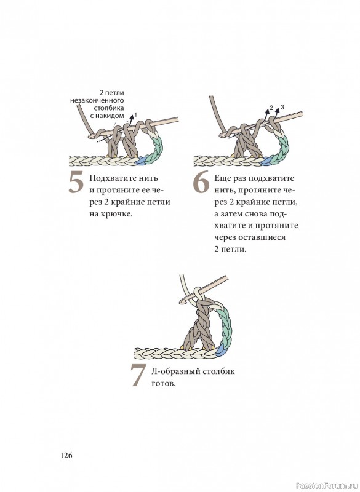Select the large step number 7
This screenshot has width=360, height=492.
(x=138, y=375)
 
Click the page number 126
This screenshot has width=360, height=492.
(x=66, y=455)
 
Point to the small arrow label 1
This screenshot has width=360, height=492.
(x=135, y=114)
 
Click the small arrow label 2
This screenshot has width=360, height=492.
(x=271, y=107)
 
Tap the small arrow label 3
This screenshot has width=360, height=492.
(x=282, y=107)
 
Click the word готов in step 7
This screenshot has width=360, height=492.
(x=162, y=384)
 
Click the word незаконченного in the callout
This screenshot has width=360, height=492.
(x=97, y=100)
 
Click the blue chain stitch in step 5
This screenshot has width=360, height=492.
(x=142, y=161)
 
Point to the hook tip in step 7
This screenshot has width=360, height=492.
(x=182, y=301)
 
